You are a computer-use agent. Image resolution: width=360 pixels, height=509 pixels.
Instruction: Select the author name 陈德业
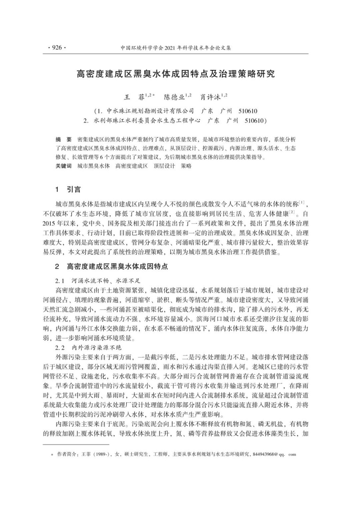[174, 97]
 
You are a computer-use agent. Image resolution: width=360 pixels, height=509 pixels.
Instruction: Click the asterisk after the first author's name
[154, 95]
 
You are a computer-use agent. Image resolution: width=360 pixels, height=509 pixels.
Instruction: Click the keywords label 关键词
[63, 166]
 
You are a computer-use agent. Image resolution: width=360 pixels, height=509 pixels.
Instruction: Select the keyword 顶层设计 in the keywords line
[164, 166]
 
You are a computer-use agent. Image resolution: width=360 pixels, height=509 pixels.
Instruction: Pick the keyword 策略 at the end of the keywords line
[186, 166]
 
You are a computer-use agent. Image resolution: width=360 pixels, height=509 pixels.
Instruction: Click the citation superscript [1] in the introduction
[302, 202]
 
